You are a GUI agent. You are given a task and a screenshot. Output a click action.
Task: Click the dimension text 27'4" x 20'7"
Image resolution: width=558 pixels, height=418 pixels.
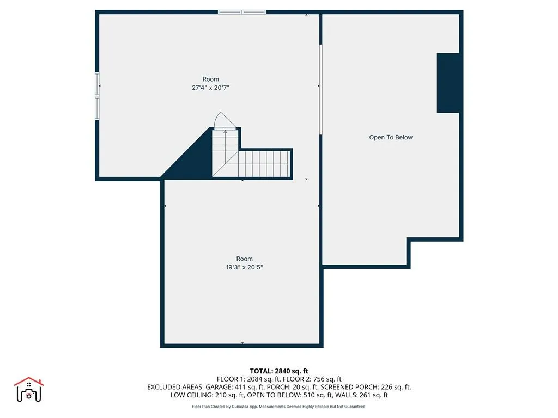(210, 88)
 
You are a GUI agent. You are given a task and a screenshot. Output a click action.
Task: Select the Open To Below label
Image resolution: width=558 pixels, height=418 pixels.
(391, 138)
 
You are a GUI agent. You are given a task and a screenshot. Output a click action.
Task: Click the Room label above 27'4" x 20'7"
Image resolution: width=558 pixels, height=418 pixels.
(210, 79)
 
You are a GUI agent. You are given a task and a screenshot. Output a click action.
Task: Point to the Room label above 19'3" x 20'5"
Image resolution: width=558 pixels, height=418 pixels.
(244, 259)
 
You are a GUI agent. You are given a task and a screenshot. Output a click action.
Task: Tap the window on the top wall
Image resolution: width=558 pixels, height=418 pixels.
(242, 11)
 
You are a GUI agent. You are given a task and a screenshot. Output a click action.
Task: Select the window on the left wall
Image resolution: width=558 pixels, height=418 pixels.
(98, 96)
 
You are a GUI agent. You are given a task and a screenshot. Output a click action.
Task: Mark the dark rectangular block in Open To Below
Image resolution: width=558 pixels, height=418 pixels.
(449, 83)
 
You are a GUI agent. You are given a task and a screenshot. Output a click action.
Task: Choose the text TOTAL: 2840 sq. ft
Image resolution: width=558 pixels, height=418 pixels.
(278, 371)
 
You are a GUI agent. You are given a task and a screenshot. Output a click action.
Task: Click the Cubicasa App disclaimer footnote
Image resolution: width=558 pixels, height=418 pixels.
(278, 407)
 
